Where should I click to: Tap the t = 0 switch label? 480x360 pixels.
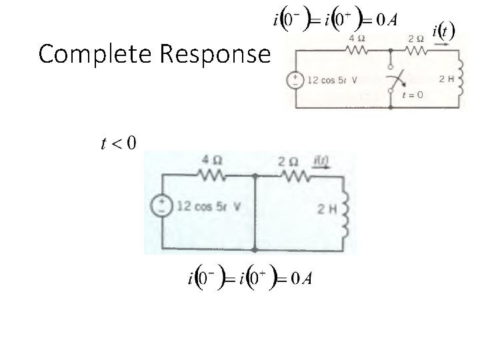coord(412,95)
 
